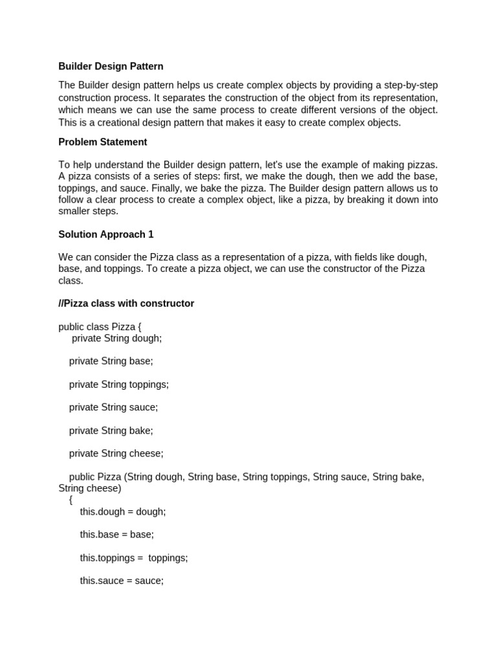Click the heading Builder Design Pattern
click(x=111, y=66)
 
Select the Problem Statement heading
click(x=103, y=142)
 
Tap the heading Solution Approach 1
click(x=106, y=234)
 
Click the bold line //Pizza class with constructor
click(x=126, y=303)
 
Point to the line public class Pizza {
click(x=100, y=327)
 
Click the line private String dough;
click(x=116, y=338)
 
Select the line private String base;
click(x=111, y=361)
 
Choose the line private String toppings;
click(x=119, y=384)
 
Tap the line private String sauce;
click(x=114, y=407)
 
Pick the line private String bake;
click(x=111, y=431)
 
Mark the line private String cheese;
click(x=116, y=453)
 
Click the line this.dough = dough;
click(x=123, y=511)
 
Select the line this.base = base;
click(x=117, y=534)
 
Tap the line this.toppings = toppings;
click(x=134, y=557)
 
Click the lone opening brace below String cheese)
click(x=71, y=500)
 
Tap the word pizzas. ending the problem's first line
click(x=421, y=165)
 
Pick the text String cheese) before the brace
click(x=90, y=488)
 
